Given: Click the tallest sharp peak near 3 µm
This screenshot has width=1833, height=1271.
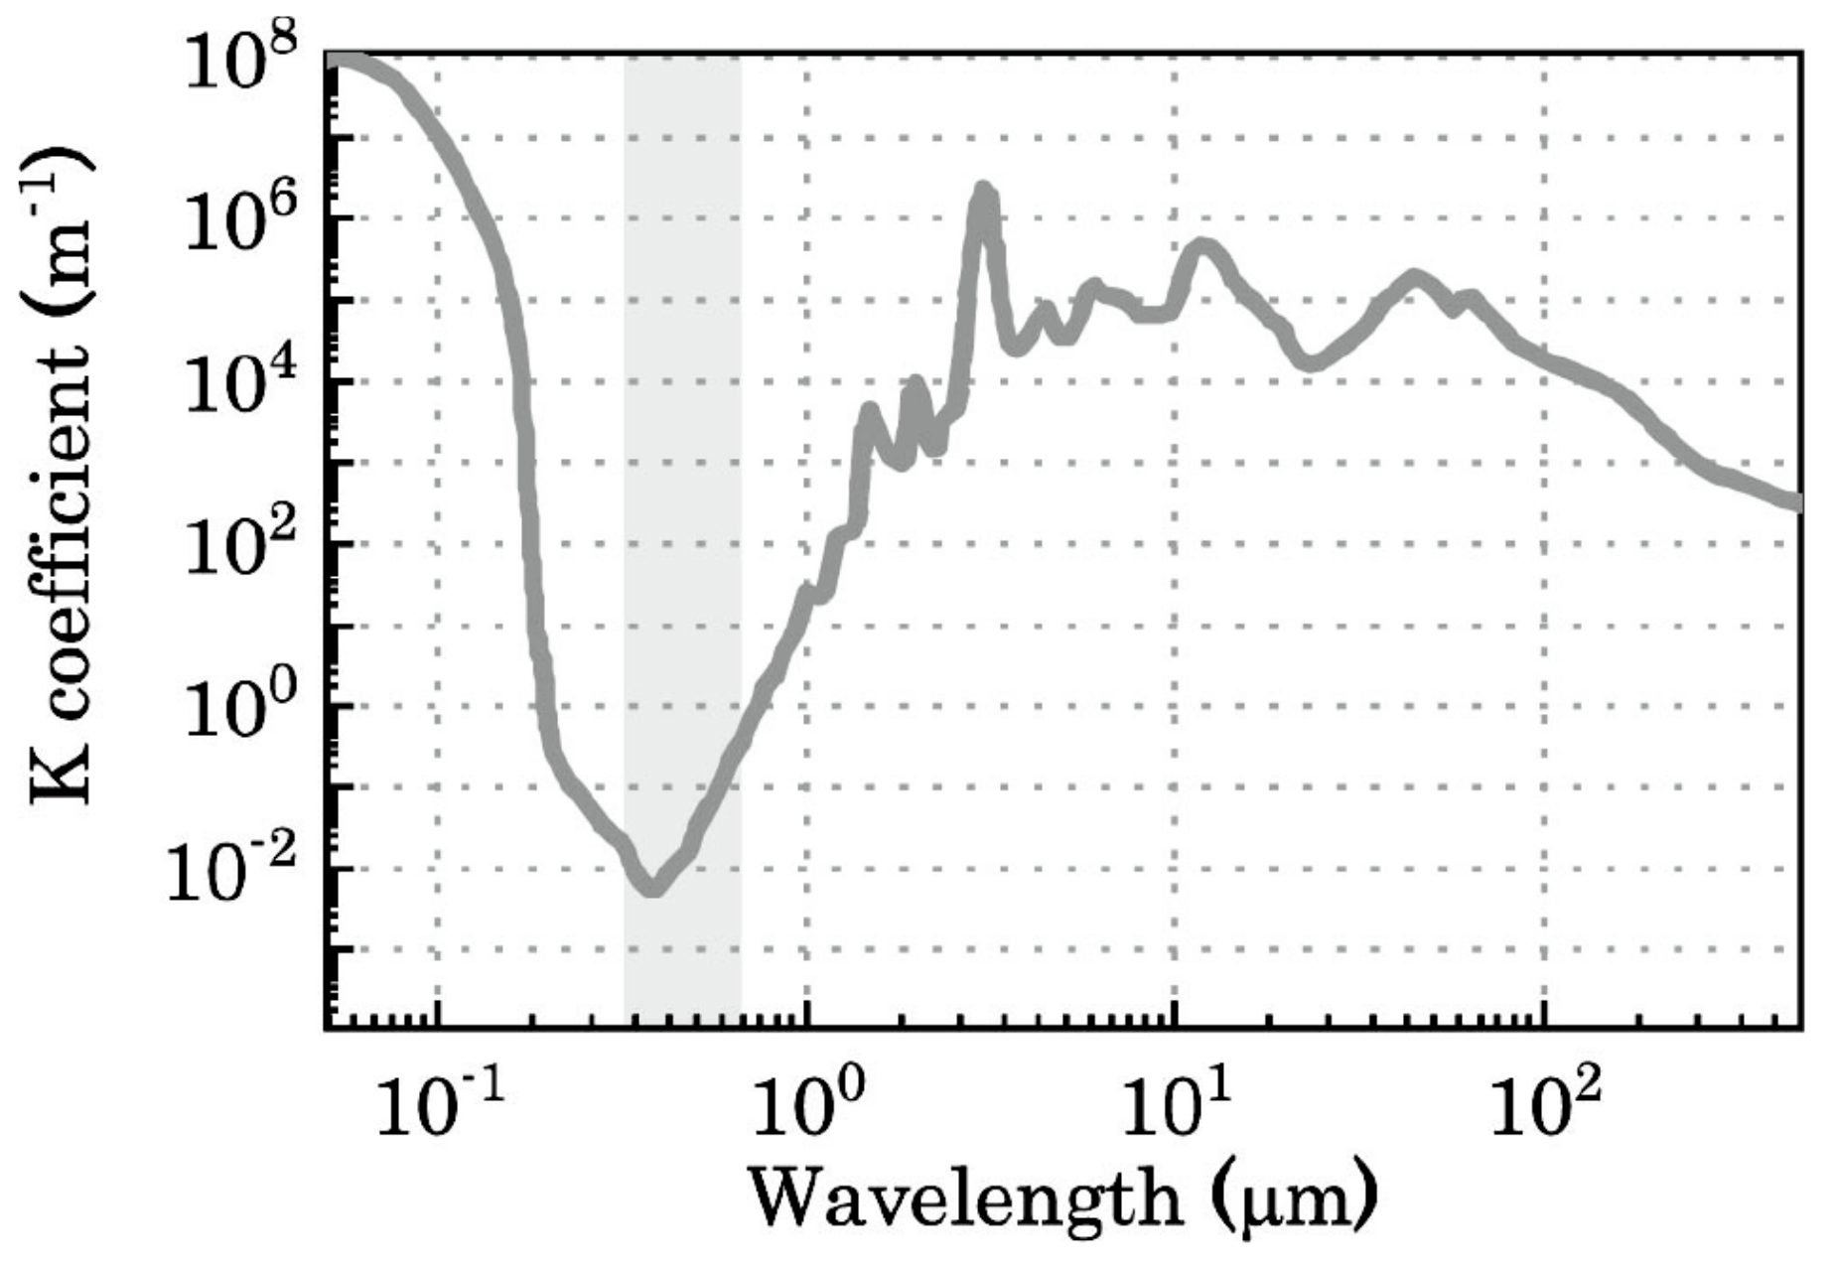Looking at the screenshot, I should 984,191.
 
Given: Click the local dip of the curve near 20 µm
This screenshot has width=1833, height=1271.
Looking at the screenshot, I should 1311,362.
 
